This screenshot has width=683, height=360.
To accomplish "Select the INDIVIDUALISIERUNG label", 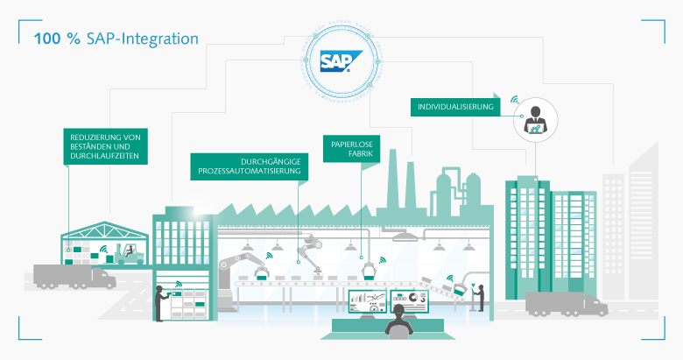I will pyautogui.click(x=455, y=107).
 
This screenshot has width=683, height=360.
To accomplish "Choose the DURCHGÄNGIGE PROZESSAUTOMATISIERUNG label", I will pyautogui.click(x=248, y=166).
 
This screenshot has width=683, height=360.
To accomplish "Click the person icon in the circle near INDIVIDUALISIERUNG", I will pyautogui.click(x=532, y=120).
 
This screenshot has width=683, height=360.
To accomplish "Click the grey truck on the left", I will pyautogui.click(x=74, y=278).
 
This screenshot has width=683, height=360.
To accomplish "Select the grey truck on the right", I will pyautogui.click(x=566, y=304).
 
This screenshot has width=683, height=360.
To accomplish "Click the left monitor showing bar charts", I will pyautogui.click(x=367, y=300).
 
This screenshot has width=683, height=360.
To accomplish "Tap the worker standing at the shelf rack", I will pyautogui.click(x=159, y=301).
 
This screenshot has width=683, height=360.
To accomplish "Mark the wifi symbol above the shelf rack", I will pyautogui.click(x=179, y=283).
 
